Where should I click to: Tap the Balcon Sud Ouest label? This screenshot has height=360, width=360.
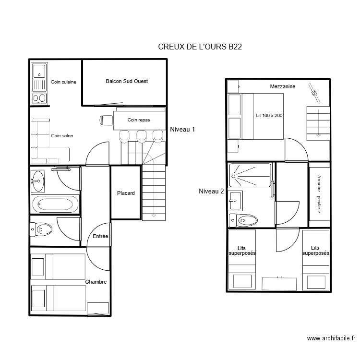point(127,82)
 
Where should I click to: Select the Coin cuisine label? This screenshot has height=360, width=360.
point(63,82)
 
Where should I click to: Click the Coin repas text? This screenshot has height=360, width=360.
point(139,120)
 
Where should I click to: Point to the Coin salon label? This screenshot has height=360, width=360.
point(62,136)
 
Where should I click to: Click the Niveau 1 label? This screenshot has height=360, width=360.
point(183,129)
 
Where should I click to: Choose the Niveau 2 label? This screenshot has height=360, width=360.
point(211,191)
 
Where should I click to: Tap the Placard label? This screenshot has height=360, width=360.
point(126,193)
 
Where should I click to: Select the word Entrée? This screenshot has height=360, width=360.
point(100,236)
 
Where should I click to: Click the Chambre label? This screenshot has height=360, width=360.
point(96,282)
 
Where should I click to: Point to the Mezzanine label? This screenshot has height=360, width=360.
point(282,86)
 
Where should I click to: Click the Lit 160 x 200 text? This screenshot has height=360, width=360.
point(269,116)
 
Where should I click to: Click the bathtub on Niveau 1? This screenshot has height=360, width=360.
point(54,205)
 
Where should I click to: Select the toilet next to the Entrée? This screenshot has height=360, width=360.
point(42,229)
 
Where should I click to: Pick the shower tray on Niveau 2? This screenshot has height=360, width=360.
point(250,175)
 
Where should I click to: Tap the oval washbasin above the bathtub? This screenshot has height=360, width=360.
point(37,181)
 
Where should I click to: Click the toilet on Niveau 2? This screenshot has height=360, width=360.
point(245,220)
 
